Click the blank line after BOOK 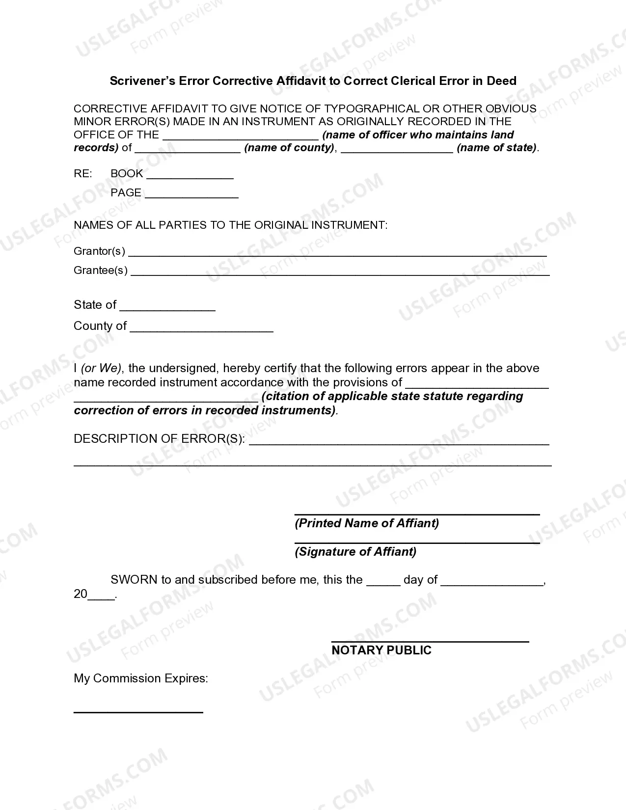click(x=190, y=177)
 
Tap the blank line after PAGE click(x=191, y=196)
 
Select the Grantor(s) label click(x=99, y=251)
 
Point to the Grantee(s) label click(x=101, y=270)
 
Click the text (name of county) click(x=289, y=148)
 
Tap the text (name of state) click(x=497, y=148)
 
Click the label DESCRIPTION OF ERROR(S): click(x=159, y=439)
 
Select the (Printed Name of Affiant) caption click(x=367, y=523)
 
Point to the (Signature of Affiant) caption click(x=355, y=552)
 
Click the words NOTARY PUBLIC click(x=381, y=650)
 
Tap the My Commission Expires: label click(x=141, y=678)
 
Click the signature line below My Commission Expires click(x=138, y=712)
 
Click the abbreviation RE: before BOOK click(x=82, y=174)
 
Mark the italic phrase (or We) click(x=102, y=368)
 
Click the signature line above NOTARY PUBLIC click(x=430, y=641)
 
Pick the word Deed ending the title click(x=501, y=81)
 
